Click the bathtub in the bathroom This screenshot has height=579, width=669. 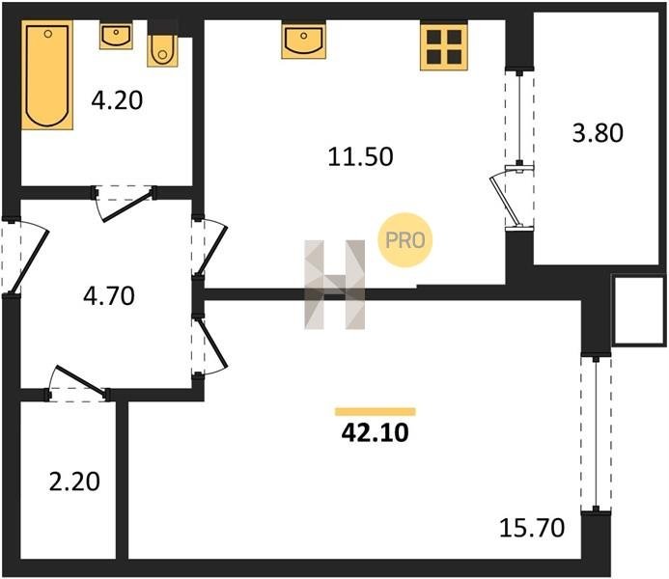[47, 75]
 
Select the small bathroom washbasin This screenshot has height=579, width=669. [116, 36]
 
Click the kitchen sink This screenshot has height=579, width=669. [304, 41]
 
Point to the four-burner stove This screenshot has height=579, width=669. [444, 46]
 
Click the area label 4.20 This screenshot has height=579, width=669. [117, 101]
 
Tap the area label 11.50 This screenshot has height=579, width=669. [360, 156]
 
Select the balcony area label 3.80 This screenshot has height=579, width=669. [598, 132]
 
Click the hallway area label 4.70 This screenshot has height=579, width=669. [109, 296]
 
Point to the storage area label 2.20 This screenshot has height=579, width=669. [74, 482]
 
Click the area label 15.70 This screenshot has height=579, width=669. [532, 528]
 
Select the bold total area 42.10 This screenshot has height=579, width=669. [375, 433]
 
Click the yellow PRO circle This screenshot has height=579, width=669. [405, 240]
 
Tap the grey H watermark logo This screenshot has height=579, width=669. [334, 285]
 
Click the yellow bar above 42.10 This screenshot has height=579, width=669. [376, 411]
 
